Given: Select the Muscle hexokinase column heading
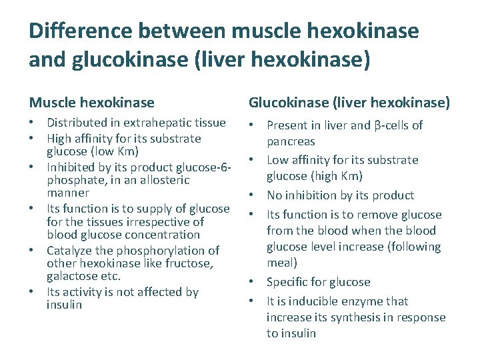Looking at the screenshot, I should [91, 103].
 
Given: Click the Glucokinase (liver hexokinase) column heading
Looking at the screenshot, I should [349, 103].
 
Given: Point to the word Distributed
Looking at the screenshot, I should [74, 123].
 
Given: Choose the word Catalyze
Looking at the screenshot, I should [69, 251].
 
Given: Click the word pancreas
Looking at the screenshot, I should [291, 141].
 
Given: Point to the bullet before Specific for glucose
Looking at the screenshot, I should [253, 282].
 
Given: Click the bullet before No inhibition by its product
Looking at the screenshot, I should [253, 195].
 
